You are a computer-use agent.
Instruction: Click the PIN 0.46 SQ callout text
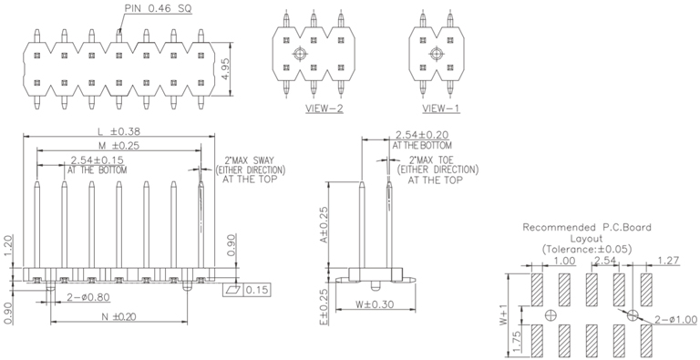pos(158,8)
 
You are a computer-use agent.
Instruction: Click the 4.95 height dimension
pos(226,69)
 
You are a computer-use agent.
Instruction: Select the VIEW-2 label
pos(324,108)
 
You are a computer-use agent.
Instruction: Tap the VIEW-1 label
pos(441,108)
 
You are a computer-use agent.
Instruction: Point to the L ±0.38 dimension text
pos(119,131)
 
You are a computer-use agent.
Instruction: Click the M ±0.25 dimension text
pos(118,145)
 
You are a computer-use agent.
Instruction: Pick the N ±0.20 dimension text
pos(118,316)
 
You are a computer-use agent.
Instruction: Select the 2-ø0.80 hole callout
pos(88,297)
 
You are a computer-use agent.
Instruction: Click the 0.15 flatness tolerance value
pos(258,290)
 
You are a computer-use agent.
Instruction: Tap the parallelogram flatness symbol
pos(234,290)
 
